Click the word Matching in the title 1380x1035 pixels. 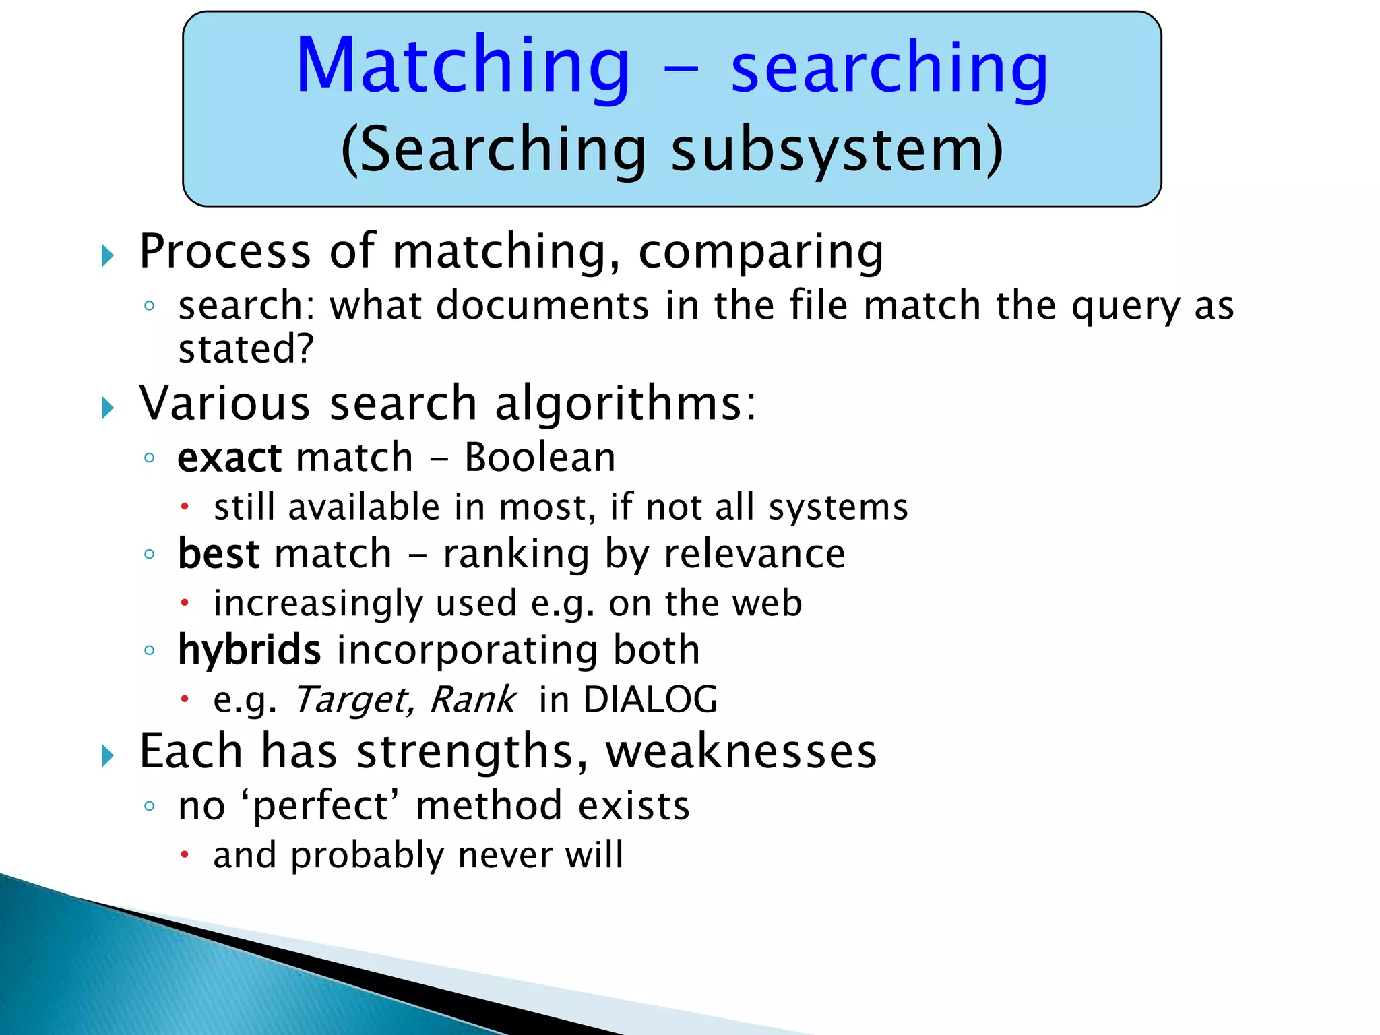(x=463, y=66)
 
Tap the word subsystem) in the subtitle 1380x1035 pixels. (x=836, y=150)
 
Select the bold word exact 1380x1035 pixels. (x=229, y=458)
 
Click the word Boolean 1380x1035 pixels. (x=540, y=458)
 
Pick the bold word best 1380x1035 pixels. (x=218, y=554)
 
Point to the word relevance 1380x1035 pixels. (x=754, y=554)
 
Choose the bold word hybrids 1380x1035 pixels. (x=249, y=650)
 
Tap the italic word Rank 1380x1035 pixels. (x=473, y=699)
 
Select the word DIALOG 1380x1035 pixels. (x=650, y=699)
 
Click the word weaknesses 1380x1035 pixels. (x=741, y=751)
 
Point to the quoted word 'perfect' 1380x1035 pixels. (x=320, y=806)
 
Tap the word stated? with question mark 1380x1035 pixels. (x=246, y=349)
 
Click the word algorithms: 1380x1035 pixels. (x=625, y=403)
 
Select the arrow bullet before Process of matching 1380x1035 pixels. (x=108, y=255)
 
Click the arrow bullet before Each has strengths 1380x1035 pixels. (x=108, y=756)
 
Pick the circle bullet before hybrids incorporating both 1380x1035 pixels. (x=150, y=651)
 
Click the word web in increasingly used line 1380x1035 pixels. (x=767, y=603)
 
